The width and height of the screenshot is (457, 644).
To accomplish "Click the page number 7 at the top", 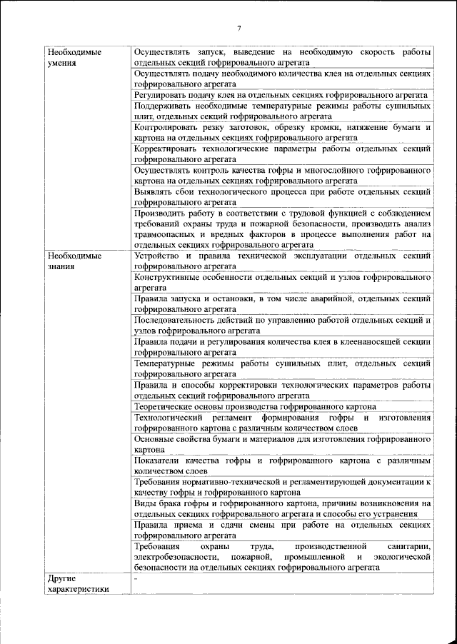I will tap(238, 29).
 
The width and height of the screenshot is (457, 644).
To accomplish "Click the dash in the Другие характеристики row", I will tap(136, 579).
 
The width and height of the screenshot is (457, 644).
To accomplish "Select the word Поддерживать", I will tap(163, 106).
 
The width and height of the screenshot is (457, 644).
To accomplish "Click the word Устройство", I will tap(158, 255).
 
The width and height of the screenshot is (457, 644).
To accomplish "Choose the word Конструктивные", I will tap(167, 276).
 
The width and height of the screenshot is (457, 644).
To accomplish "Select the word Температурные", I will tap(165, 363).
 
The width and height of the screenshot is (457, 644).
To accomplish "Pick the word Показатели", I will tap(157, 461).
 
